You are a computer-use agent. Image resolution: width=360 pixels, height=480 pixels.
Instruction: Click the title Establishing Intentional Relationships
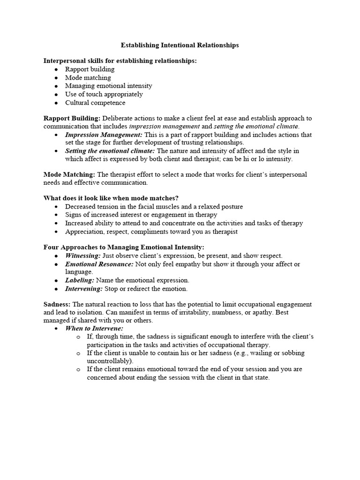[x=180, y=45]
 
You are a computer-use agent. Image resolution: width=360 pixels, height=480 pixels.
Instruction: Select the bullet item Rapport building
[x=90, y=69]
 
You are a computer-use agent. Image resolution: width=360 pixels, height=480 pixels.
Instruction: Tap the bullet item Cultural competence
[x=95, y=103]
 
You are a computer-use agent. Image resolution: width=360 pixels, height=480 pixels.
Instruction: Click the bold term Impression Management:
[x=104, y=135]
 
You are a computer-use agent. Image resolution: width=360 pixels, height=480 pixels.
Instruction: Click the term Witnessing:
[x=82, y=255]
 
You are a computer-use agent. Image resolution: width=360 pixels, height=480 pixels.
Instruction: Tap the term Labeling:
[x=80, y=280]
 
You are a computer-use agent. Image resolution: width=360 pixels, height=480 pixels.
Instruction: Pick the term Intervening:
[x=83, y=289]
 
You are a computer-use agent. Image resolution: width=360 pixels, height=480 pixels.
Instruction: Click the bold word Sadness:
[x=57, y=304]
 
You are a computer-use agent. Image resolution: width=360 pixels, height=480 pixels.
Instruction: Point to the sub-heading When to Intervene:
[x=94, y=329]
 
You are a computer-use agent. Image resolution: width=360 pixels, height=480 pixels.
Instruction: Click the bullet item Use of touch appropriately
[x=104, y=94]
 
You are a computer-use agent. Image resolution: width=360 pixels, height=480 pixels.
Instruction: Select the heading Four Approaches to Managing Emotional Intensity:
[x=124, y=247]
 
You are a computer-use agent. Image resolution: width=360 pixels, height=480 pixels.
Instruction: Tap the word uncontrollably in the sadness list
[x=109, y=361]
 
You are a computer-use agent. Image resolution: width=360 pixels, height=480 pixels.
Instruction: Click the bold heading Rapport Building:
[x=72, y=118]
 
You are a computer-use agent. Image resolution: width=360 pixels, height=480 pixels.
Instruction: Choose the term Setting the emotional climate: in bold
[x=110, y=151]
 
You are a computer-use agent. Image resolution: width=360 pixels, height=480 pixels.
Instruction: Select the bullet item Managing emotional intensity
[x=109, y=86]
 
